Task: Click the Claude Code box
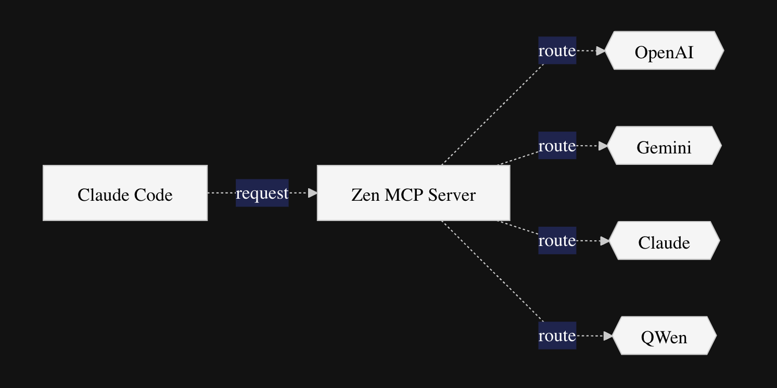(125, 193)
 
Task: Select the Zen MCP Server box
(413, 193)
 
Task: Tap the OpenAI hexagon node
(664, 50)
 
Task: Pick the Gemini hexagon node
(664, 146)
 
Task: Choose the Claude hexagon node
(664, 241)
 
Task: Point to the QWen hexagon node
(664, 336)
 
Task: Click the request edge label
(262, 193)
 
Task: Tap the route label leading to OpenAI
(557, 50)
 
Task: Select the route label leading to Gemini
(557, 146)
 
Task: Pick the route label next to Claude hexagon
(557, 241)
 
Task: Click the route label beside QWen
(557, 336)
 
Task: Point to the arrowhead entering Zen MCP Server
(312, 193)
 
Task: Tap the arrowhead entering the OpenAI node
(601, 51)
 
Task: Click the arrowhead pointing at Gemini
(603, 146)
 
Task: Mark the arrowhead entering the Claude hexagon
(604, 241)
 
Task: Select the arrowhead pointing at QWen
(607, 337)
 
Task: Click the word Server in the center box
(452, 195)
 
